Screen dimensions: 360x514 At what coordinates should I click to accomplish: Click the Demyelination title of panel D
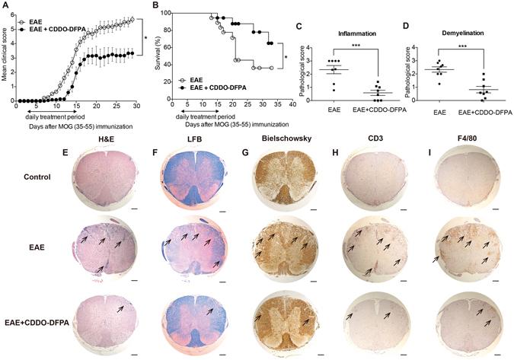[x=440, y=33]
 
